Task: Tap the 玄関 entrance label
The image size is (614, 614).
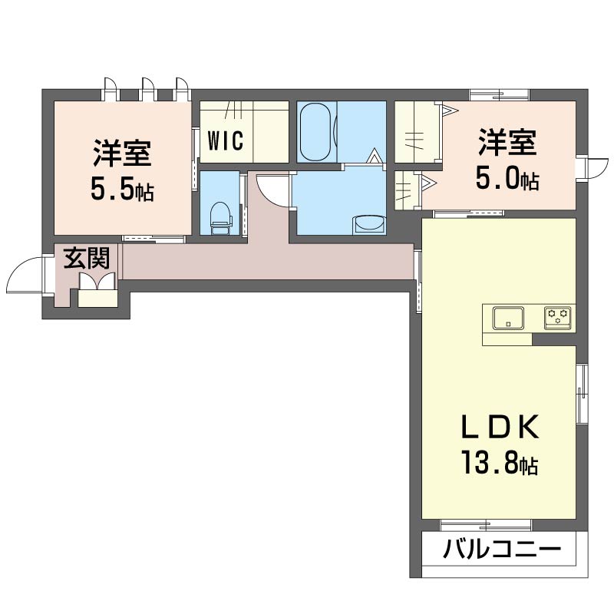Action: click(86, 258)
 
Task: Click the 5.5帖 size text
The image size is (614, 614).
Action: click(122, 189)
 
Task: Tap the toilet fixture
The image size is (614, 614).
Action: click(220, 216)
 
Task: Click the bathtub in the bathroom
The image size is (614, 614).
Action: click(315, 132)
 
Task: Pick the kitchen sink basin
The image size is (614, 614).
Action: click(508, 317)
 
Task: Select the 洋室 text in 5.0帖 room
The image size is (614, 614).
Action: click(507, 144)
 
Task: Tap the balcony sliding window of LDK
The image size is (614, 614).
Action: click(486, 525)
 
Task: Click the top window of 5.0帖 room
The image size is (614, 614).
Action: click(499, 96)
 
